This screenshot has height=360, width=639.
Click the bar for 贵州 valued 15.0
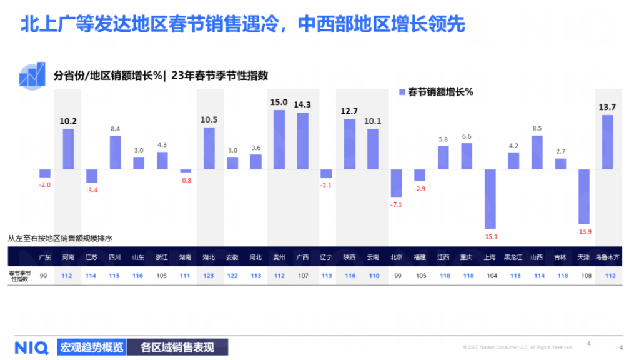click(279, 139)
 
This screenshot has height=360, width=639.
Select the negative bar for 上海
click(490, 199)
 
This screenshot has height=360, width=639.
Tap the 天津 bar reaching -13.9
click(583, 196)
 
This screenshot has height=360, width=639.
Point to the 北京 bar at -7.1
click(396, 183)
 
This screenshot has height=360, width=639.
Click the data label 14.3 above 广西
click(302, 104)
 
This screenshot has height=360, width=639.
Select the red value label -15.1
click(490, 236)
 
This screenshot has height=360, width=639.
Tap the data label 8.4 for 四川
click(115, 129)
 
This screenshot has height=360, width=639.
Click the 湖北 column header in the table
click(209, 257)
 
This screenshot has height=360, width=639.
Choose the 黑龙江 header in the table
click(513, 257)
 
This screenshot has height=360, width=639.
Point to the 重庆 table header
click(466, 257)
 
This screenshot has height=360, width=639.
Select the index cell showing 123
click(209, 276)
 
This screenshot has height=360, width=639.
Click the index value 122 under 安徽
click(232, 276)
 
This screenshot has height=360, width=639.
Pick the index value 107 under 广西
click(302, 276)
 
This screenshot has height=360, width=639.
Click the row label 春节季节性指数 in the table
click(21, 276)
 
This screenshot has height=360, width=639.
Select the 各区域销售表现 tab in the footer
click(177, 347)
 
